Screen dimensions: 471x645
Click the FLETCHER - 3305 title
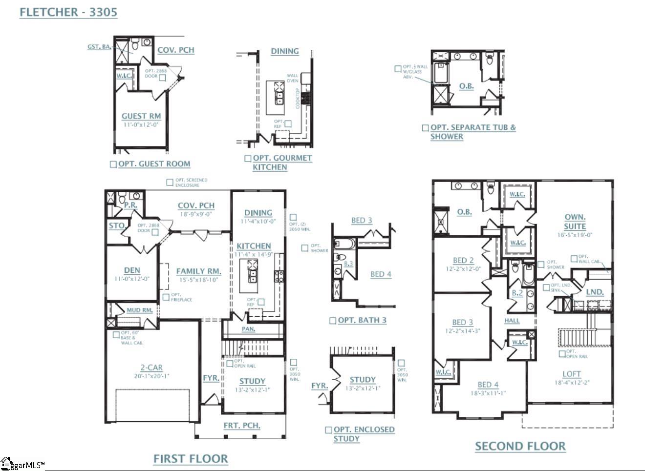68,12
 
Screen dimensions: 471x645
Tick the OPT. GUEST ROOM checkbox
113,164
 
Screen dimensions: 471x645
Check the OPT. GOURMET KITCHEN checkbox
248,159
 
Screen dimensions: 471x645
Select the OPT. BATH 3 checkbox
333,321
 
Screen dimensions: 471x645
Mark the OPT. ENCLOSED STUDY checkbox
329,430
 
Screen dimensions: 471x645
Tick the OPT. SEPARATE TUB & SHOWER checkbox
426,128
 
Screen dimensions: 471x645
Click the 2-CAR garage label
151,368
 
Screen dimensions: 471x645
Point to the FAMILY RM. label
198,271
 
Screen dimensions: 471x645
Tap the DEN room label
132,270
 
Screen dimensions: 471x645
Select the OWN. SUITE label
575,222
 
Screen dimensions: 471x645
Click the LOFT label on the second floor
571,374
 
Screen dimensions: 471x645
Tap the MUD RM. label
140,310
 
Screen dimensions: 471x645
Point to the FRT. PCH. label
242,425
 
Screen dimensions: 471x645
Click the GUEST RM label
141,116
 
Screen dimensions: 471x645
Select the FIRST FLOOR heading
191,459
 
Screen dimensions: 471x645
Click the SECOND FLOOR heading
520,446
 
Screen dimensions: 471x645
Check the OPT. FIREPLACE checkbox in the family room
166,297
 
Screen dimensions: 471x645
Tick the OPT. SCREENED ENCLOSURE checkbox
170,183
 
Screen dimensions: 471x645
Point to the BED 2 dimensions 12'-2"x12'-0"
463,269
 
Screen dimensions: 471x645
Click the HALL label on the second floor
512,321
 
